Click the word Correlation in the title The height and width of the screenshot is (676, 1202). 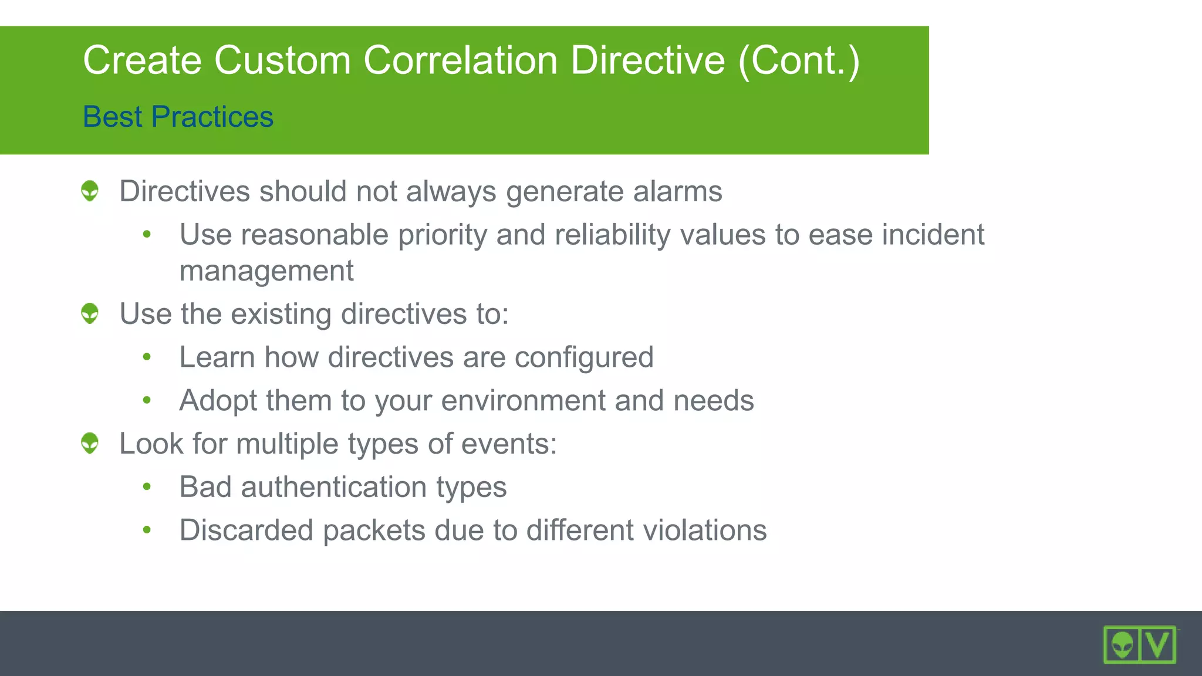(x=460, y=60)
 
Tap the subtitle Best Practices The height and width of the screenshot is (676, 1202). (x=178, y=116)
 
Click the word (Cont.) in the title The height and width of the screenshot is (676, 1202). (x=798, y=60)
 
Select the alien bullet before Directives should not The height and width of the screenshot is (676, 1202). (x=90, y=191)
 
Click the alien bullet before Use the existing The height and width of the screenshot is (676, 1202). (x=90, y=313)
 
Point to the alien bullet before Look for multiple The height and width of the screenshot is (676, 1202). (x=90, y=443)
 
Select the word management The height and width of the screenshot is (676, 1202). (x=266, y=271)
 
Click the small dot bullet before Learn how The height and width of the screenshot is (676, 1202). (x=147, y=357)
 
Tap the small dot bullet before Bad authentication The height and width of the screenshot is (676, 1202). (x=147, y=486)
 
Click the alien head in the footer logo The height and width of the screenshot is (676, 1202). (x=1122, y=645)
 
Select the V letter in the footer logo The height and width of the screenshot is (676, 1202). (x=1157, y=645)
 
